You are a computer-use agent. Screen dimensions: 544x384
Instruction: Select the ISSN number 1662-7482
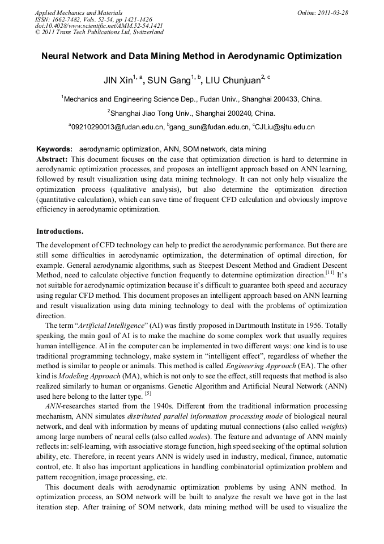(x=71, y=19)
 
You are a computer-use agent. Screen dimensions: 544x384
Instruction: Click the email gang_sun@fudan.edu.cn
(x=209, y=127)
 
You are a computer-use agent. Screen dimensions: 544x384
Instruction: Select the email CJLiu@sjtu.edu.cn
(x=285, y=127)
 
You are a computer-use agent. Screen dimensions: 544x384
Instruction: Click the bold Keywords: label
(x=54, y=149)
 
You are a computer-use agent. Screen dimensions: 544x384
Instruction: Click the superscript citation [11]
(x=330, y=273)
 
